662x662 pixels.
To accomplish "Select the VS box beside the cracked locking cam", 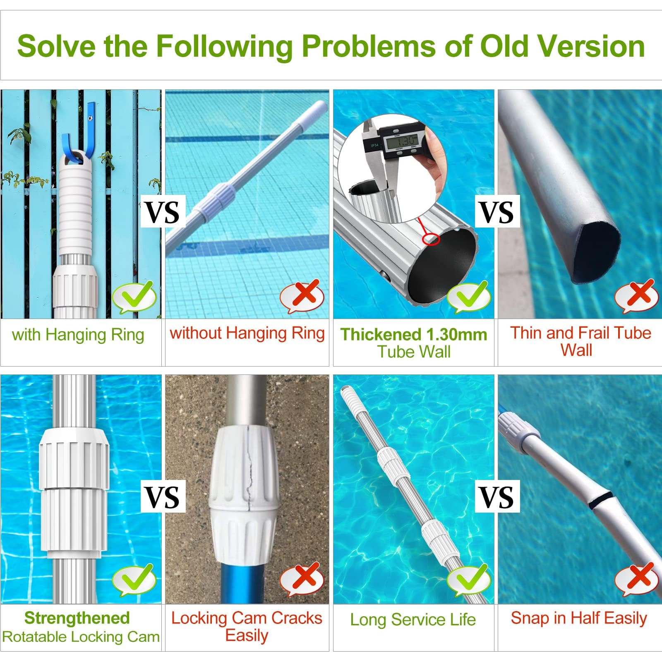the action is [x=163, y=497].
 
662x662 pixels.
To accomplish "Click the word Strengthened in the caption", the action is [x=77, y=618].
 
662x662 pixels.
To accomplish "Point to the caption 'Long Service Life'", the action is [x=413, y=619].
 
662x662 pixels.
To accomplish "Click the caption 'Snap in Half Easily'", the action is [x=578, y=619].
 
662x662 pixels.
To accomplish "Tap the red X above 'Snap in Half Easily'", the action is [x=636, y=579].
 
